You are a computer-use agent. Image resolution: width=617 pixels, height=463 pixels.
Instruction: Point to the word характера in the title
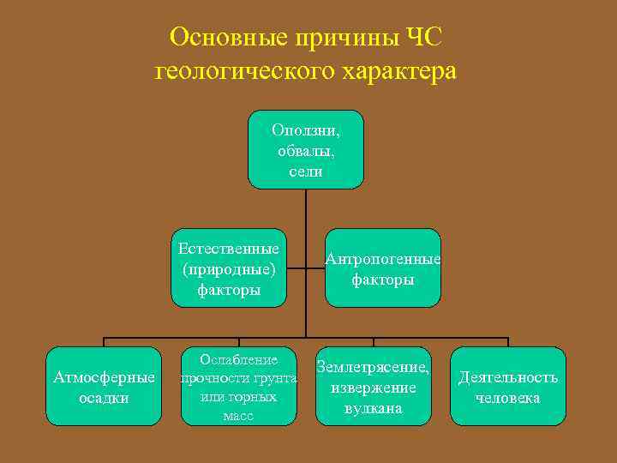(397, 72)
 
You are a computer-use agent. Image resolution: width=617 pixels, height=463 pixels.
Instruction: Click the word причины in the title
(333, 38)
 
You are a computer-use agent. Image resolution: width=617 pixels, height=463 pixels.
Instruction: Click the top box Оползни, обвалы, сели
(306, 149)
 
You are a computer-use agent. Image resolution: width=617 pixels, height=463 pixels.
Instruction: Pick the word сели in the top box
(306, 171)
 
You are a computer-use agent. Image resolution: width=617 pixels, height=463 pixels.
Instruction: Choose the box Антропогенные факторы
(382, 268)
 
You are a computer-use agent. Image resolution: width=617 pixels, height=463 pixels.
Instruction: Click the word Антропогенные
(382, 259)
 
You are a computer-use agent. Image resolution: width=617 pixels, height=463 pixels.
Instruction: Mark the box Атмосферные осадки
(104, 386)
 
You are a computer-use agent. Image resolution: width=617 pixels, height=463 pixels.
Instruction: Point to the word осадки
(104, 398)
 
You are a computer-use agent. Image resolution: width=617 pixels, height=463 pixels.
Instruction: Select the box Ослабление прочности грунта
(238, 386)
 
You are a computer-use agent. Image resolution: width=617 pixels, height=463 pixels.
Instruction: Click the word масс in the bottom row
(237, 417)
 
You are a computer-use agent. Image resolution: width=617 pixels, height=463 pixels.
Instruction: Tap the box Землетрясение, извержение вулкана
(373, 386)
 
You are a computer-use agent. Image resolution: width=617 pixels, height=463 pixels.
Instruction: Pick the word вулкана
(373, 408)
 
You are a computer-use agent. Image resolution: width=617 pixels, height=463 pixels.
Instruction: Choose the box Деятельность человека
(508, 386)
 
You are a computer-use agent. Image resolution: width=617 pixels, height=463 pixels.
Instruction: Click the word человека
(508, 398)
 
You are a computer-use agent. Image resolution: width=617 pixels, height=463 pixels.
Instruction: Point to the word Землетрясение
(373, 367)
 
